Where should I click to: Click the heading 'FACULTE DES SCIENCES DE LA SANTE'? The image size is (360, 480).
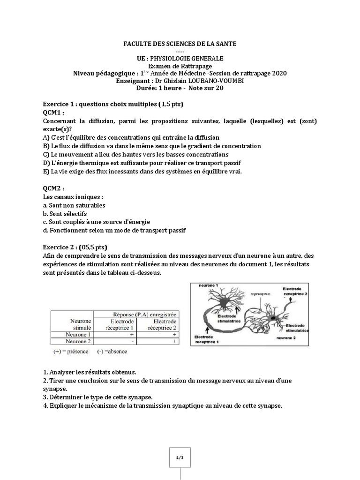180,44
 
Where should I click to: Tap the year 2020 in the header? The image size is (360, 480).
277,73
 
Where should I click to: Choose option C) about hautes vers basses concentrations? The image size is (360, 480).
135,154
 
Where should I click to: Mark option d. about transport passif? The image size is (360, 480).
114,231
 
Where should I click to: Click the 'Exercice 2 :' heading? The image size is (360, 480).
60,247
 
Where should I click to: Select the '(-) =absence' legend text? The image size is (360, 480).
112,351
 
